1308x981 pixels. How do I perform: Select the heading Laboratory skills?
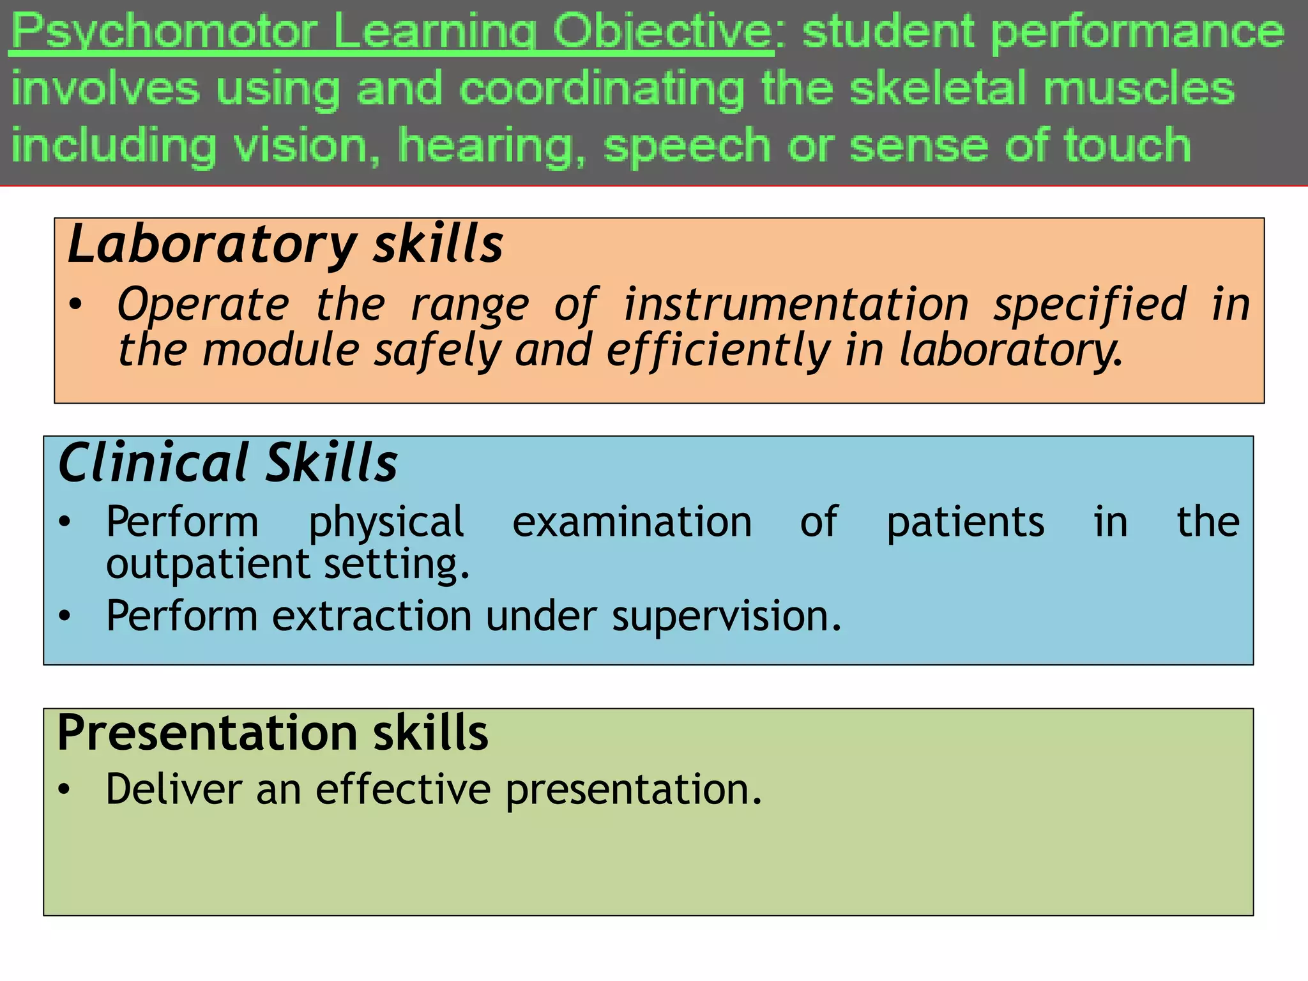(x=285, y=245)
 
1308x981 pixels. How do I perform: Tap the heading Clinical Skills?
(x=227, y=463)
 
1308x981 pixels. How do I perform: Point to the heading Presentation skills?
(x=272, y=733)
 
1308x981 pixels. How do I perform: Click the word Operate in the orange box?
(x=203, y=305)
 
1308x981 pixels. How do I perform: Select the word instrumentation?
(x=796, y=305)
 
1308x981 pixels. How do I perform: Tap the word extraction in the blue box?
(x=372, y=616)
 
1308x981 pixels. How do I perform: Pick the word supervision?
(x=726, y=616)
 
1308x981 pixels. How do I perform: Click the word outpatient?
(x=208, y=565)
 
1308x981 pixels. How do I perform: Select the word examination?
(x=632, y=522)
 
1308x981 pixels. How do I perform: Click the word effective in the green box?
(x=403, y=789)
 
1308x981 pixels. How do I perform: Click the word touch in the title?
(x=1127, y=144)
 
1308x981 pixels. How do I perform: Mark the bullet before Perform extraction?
(x=64, y=616)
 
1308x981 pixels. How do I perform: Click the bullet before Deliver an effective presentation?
(x=63, y=789)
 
